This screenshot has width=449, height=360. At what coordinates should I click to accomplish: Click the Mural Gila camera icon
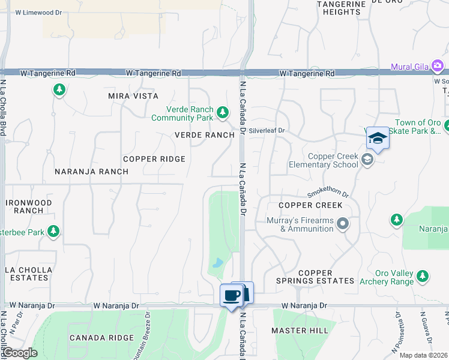point(438,65)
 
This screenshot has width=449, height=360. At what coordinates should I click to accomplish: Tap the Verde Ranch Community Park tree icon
point(223,112)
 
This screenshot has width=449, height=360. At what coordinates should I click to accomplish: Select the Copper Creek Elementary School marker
point(367,160)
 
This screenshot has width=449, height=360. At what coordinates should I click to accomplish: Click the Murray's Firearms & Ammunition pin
point(343,224)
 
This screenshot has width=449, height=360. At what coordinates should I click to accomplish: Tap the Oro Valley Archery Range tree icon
point(423,276)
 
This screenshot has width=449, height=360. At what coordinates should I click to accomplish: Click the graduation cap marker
point(378,139)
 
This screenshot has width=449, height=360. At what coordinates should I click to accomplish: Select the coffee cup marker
point(232,295)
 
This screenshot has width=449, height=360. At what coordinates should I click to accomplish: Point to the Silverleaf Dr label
point(267,130)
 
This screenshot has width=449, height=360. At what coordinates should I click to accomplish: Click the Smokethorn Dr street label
point(328,193)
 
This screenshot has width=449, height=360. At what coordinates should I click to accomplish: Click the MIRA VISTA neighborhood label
point(133,96)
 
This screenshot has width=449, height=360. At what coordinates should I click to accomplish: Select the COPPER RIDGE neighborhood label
point(154,159)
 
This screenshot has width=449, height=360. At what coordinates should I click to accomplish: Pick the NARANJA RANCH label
point(91,172)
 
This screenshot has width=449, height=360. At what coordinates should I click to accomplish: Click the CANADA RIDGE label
point(101,338)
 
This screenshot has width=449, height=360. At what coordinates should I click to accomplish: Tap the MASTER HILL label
point(300,331)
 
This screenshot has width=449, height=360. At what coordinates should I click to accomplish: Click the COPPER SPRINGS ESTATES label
point(315,277)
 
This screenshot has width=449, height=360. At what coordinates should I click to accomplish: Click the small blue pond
point(218,263)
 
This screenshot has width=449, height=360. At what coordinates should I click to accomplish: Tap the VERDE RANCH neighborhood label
point(204,135)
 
